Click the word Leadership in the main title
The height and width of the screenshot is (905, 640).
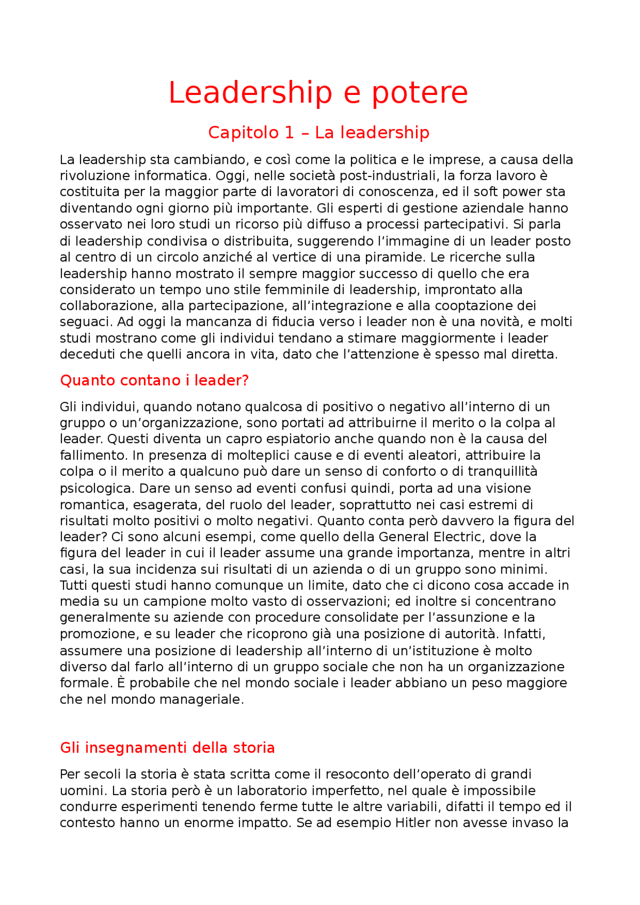pyautogui.click(x=250, y=93)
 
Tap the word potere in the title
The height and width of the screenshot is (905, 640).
pyautogui.click(x=419, y=93)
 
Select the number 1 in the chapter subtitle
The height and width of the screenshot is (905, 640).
pyautogui.click(x=289, y=132)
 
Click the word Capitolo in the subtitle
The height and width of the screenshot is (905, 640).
pyautogui.click(x=243, y=132)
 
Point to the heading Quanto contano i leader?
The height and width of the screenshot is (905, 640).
pyautogui.click(x=154, y=381)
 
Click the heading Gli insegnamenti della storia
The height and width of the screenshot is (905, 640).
pyautogui.click(x=167, y=748)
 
